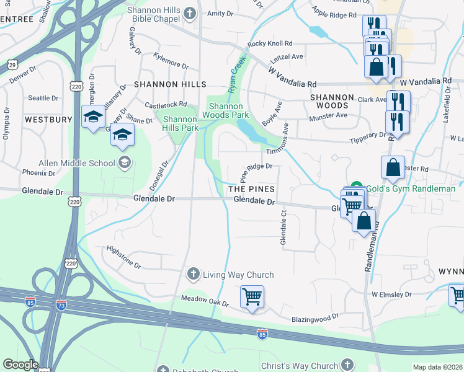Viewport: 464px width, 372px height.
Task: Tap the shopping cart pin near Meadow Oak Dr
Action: tap(252, 297)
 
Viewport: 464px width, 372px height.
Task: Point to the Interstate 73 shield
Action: tap(61, 306)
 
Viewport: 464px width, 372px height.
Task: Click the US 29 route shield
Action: tap(12, 64)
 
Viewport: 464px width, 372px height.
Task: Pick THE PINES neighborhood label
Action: tap(251, 188)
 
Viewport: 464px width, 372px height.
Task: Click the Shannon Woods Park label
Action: tap(229, 110)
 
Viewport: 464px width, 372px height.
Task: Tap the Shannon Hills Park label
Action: tap(180, 123)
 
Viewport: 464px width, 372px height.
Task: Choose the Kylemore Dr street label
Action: tap(166, 64)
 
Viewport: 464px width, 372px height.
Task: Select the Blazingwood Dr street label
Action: tap(315, 317)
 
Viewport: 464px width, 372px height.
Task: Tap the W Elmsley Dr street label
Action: tap(391, 294)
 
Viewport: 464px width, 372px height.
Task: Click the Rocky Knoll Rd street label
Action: tap(269, 44)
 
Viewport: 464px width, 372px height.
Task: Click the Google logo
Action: tap(20, 365)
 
